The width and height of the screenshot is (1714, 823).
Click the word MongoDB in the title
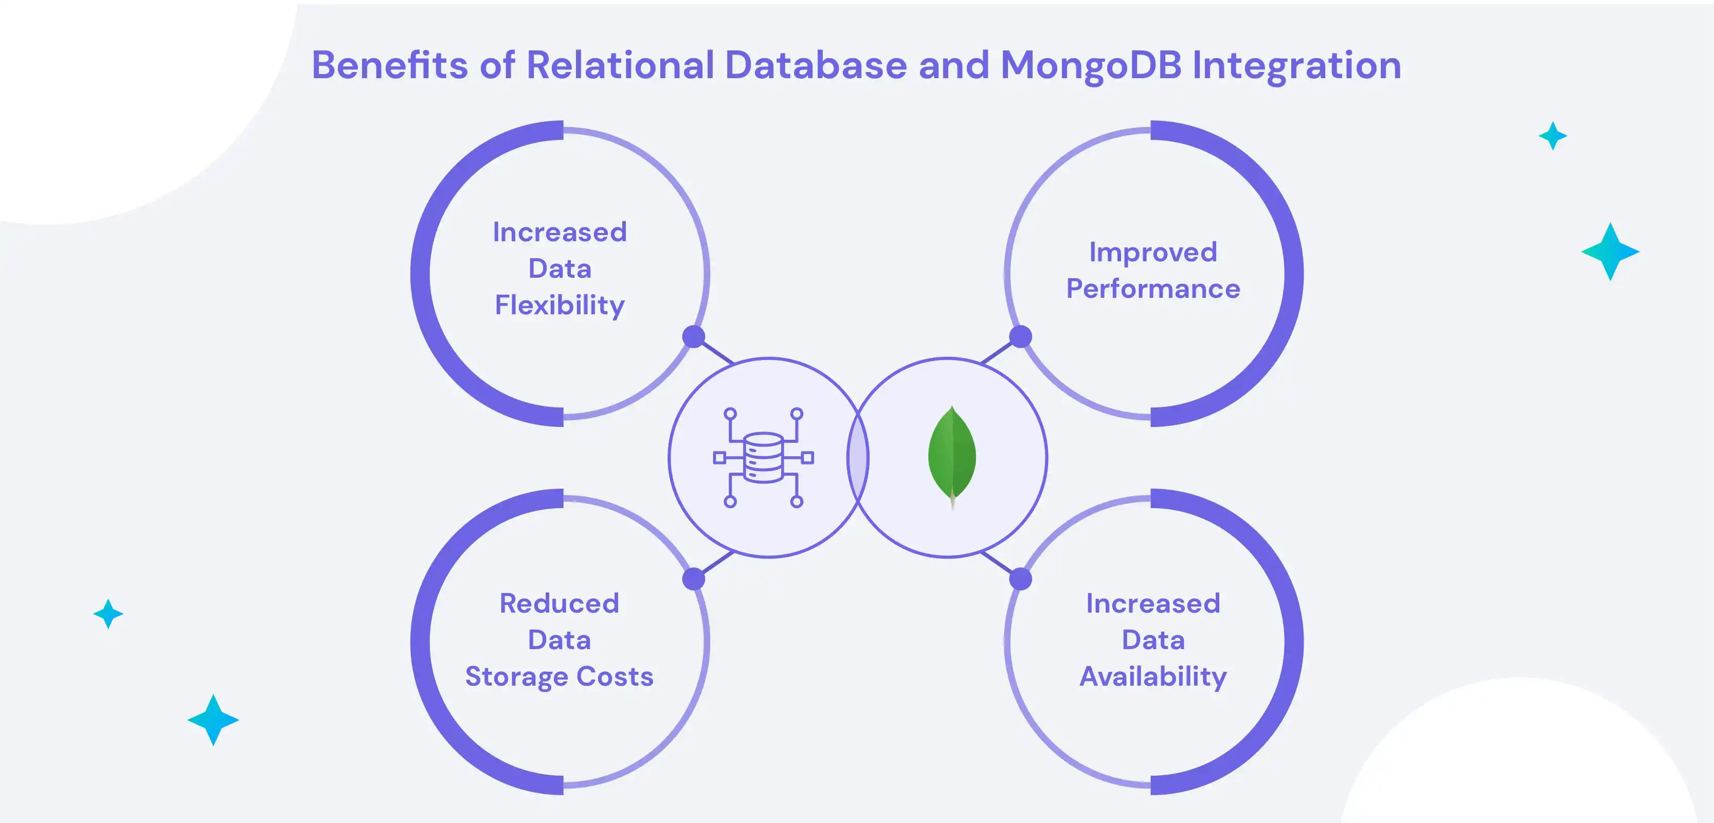point(1091,65)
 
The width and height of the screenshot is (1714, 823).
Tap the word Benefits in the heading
point(389,65)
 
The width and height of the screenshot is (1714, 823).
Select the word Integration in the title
point(1296,65)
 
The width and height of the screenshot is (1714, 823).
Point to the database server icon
point(763,458)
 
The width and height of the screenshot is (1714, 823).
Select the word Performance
point(1153,289)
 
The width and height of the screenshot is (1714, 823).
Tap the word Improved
point(1153,252)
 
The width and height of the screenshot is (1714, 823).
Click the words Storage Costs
point(559,676)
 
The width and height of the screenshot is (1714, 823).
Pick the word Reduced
point(559,603)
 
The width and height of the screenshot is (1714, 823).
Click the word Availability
point(1153,676)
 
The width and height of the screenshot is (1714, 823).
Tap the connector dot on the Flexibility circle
point(693,336)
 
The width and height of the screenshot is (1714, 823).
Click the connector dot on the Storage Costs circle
point(693,579)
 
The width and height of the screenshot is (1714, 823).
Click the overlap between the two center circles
point(858,458)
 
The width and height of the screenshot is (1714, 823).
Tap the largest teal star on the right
point(1610,252)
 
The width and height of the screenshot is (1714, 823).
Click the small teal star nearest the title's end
point(1553,136)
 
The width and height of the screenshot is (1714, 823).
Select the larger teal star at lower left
point(213,720)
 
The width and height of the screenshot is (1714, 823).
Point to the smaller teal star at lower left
point(108,614)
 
